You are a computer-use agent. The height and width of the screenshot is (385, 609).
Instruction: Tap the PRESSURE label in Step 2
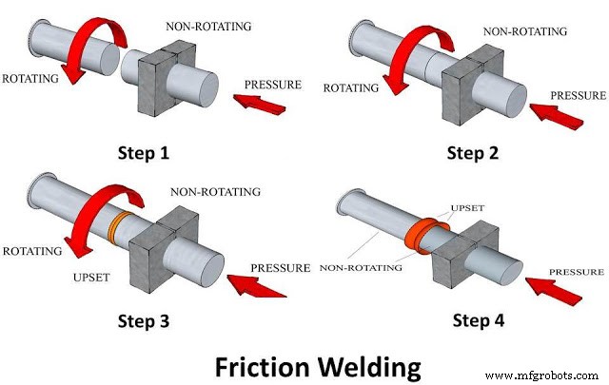(x=577, y=95)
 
